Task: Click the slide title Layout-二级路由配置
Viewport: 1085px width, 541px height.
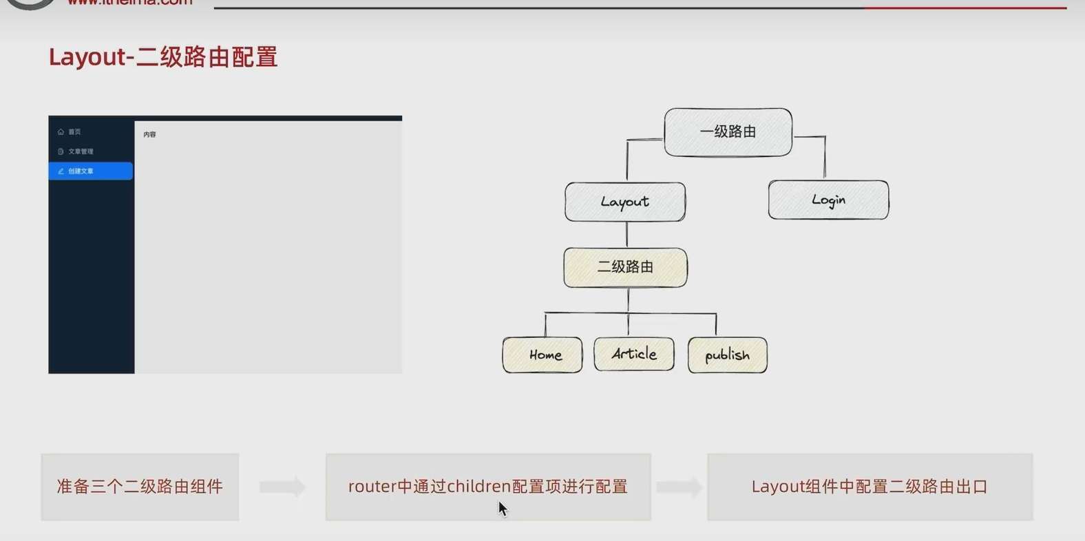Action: (x=163, y=56)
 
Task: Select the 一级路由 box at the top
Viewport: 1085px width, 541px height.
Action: (x=728, y=131)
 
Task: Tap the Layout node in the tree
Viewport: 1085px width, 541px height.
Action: (x=624, y=202)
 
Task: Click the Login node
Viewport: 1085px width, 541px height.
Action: (x=828, y=200)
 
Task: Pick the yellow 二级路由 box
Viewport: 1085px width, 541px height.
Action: (x=625, y=267)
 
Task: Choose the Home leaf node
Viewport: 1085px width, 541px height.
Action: (x=542, y=355)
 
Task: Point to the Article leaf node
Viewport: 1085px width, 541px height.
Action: (x=634, y=354)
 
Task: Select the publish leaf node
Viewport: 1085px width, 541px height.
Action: (x=727, y=355)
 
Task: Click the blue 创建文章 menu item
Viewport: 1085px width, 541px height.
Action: (x=90, y=171)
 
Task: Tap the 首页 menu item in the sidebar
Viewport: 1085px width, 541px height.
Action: (x=74, y=131)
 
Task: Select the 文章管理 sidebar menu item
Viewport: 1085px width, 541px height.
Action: (x=81, y=151)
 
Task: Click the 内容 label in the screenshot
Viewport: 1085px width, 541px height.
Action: (x=149, y=135)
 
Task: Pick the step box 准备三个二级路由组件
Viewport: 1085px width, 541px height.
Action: (x=140, y=487)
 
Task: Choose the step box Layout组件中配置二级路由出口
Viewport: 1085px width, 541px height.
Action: (x=870, y=487)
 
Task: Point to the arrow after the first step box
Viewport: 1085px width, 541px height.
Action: (x=282, y=487)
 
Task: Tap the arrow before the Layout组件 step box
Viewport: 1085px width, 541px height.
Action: (x=679, y=487)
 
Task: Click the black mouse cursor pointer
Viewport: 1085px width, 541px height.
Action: (x=503, y=509)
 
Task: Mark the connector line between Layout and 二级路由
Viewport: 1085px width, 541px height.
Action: (x=626, y=235)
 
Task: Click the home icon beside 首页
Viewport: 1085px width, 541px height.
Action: (x=61, y=131)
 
